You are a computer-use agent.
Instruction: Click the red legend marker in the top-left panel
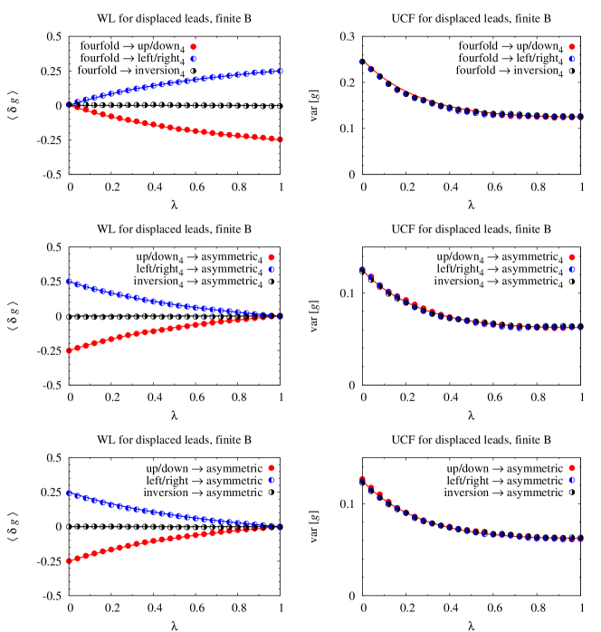tap(193, 46)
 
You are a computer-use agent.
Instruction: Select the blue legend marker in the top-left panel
tap(193, 59)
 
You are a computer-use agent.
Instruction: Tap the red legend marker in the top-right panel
tap(571, 46)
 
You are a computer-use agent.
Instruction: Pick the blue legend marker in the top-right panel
tap(571, 59)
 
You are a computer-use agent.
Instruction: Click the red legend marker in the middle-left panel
tap(271, 257)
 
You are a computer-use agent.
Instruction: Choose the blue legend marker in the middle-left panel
tap(271, 270)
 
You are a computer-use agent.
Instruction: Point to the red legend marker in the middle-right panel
tap(571, 257)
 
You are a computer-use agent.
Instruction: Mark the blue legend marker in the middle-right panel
tap(571, 270)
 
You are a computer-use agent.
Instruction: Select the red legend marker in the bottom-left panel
tap(271, 468)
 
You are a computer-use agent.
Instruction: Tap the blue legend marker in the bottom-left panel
tap(271, 480)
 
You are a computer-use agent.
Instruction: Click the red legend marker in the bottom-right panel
tap(571, 468)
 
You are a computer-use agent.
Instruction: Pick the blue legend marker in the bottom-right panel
tap(571, 480)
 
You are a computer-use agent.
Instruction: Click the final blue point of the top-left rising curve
tap(281, 71)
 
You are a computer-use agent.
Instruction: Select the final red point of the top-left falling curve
tap(281, 139)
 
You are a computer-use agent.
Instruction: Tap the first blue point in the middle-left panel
tap(69, 282)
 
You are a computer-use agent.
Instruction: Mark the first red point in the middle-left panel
tap(69, 350)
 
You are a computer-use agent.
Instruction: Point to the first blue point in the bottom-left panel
tap(69, 493)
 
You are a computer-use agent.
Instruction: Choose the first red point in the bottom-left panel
tap(69, 560)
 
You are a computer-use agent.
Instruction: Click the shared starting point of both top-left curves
tap(69, 105)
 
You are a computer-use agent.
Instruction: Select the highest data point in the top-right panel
tap(362, 62)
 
